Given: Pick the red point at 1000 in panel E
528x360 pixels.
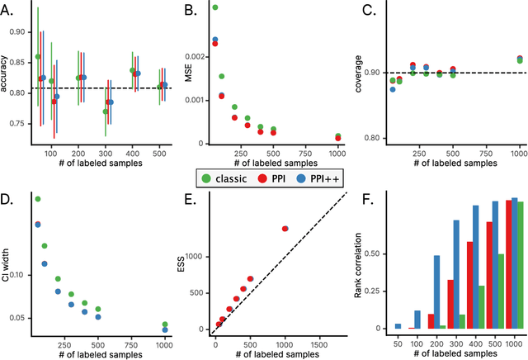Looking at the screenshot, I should pos(285,229).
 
